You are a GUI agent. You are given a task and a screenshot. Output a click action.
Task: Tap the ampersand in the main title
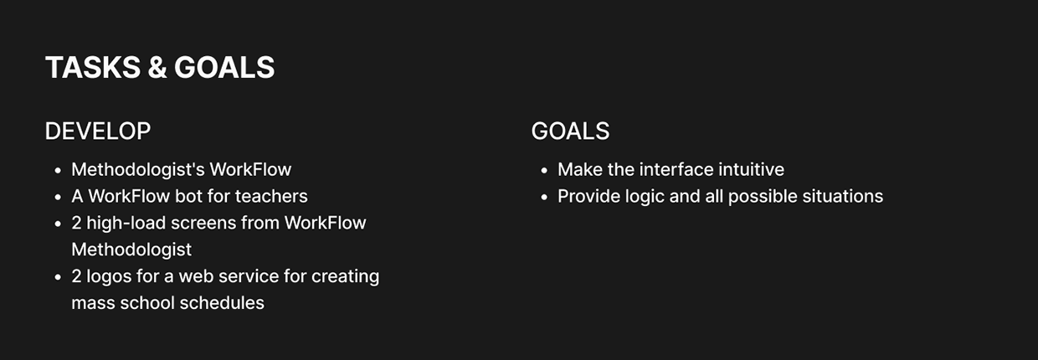pos(157,68)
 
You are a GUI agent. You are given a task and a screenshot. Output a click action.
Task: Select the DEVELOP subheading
pos(98,131)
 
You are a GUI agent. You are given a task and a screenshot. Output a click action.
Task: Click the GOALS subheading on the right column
pos(570,131)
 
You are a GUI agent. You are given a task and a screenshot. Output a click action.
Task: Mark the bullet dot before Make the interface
pos(544,171)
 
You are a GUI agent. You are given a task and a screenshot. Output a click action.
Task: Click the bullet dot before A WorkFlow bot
pos(58,198)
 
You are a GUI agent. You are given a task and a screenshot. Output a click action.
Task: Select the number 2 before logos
pos(76,276)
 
